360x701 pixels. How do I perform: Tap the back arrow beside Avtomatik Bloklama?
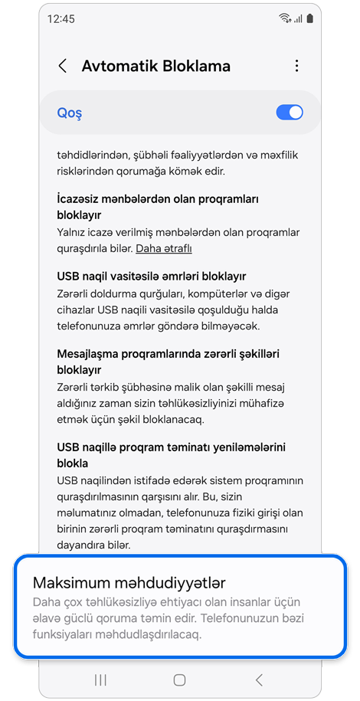tap(63, 66)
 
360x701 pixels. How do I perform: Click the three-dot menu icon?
tap(296, 67)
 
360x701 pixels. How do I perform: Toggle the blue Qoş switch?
tap(290, 113)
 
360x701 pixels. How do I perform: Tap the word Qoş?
tap(70, 113)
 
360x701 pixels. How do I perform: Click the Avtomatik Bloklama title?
tap(156, 66)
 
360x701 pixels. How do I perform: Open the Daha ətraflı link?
tap(164, 248)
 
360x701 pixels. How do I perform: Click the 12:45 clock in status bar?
tap(61, 18)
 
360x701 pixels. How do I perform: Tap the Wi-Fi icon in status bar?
tap(284, 18)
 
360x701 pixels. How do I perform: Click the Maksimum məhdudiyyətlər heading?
tap(129, 583)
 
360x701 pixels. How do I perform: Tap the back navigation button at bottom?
tap(258, 680)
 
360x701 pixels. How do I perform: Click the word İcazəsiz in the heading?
tap(81, 198)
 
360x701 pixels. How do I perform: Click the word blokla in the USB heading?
tap(73, 464)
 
